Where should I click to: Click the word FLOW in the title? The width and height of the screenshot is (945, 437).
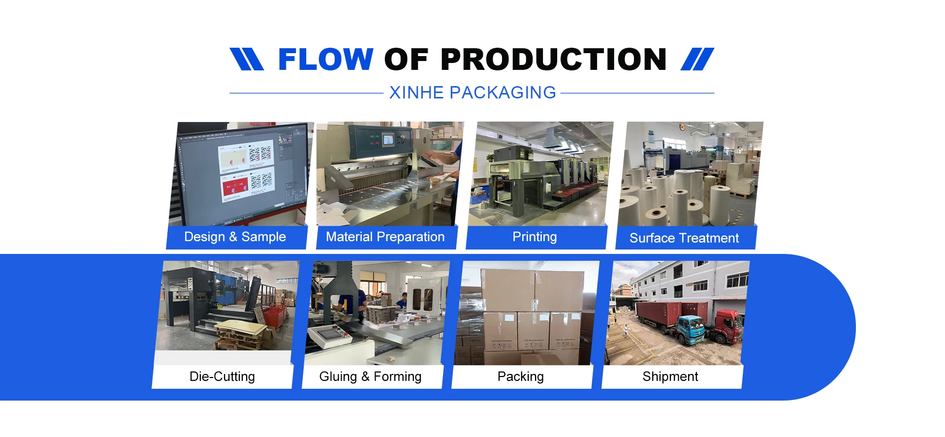click(x=325, y=60)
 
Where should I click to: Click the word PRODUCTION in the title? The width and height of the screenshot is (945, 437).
click(x=553, y=60)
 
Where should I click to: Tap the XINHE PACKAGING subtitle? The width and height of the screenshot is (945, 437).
click(x=472, y=93)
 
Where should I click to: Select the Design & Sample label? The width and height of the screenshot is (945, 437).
click(x=235, y=237)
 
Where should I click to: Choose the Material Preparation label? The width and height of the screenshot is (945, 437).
click(x=385, y=237)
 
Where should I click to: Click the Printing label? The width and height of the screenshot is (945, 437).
click(x=535, y=237)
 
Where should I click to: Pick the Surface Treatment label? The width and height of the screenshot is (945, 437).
click(x=684, y=238)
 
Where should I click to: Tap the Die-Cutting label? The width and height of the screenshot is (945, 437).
click(x=222, y=376)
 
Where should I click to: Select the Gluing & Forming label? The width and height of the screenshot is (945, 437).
click(x=370, y=376)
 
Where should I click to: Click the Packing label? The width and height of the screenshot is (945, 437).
click(x=520, y=376)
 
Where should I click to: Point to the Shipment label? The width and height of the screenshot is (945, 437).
click(x=670, y=376)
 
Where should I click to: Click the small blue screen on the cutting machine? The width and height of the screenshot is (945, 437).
click(x=388, y=140)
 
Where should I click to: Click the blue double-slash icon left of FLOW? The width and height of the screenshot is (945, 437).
click(x=247, y=59)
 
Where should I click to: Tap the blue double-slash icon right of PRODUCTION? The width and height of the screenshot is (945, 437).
click(x=697, y=59)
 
